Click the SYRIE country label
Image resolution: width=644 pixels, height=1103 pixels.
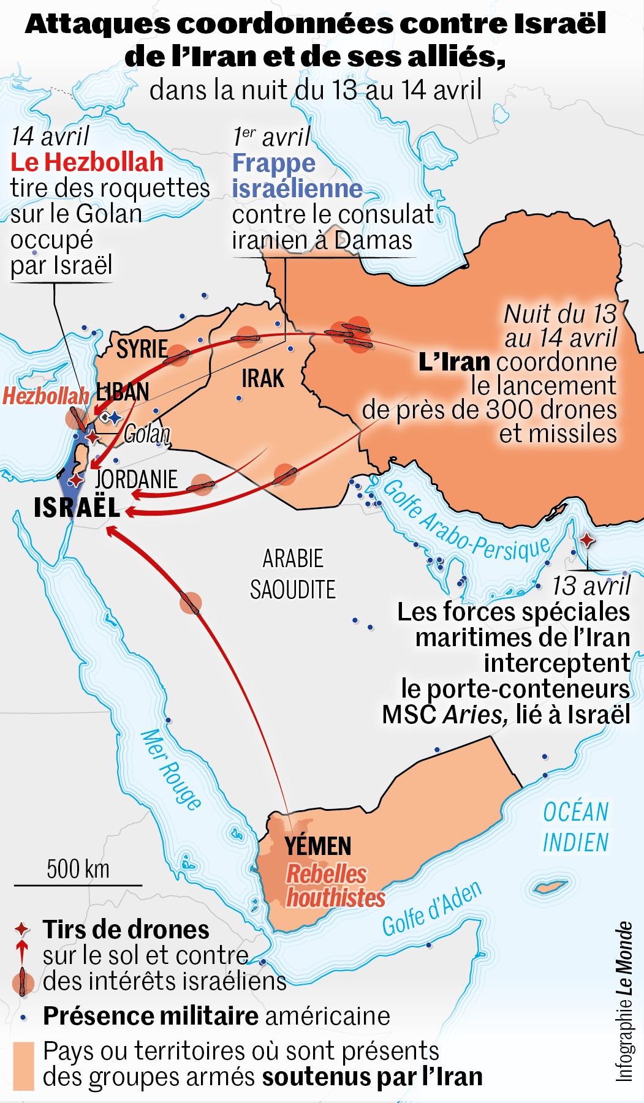click(x=142, y=349)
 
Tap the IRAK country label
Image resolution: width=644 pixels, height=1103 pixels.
click(x=263, y=378)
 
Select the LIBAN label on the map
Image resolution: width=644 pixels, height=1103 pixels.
click(x=123, y=392)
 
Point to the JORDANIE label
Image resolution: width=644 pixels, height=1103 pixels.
click(x=136, y=479)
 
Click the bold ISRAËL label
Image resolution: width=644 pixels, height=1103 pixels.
click(x=77, y=508)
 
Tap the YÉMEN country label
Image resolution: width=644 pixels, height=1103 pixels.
click(x=318, y=846)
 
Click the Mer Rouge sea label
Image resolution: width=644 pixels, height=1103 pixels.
click(x=170, y=770)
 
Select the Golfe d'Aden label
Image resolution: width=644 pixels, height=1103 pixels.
click(x=432, y=910)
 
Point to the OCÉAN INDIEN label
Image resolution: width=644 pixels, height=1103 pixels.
click(x=576, y=827)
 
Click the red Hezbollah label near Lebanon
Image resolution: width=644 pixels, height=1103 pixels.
click(x=45, y=396)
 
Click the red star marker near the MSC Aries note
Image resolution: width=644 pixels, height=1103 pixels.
click(x=587, y=540)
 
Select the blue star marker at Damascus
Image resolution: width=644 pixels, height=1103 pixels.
click(x=115, y=418)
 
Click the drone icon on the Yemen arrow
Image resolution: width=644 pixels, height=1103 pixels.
click(x=190, y=603)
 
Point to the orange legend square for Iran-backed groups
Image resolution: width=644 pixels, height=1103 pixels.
click(x=23, y=1066)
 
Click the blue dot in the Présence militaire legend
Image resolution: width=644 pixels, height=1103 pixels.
click(x=23, y=1018)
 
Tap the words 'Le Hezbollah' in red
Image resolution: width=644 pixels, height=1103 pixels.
click(x=87, y=162)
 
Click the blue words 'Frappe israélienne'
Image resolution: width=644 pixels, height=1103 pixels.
click(x=297, y=176)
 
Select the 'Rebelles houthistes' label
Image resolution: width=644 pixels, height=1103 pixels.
click(x=335, y=886)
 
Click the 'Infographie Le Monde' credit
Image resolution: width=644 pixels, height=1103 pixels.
click(x=623, y=1001)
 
